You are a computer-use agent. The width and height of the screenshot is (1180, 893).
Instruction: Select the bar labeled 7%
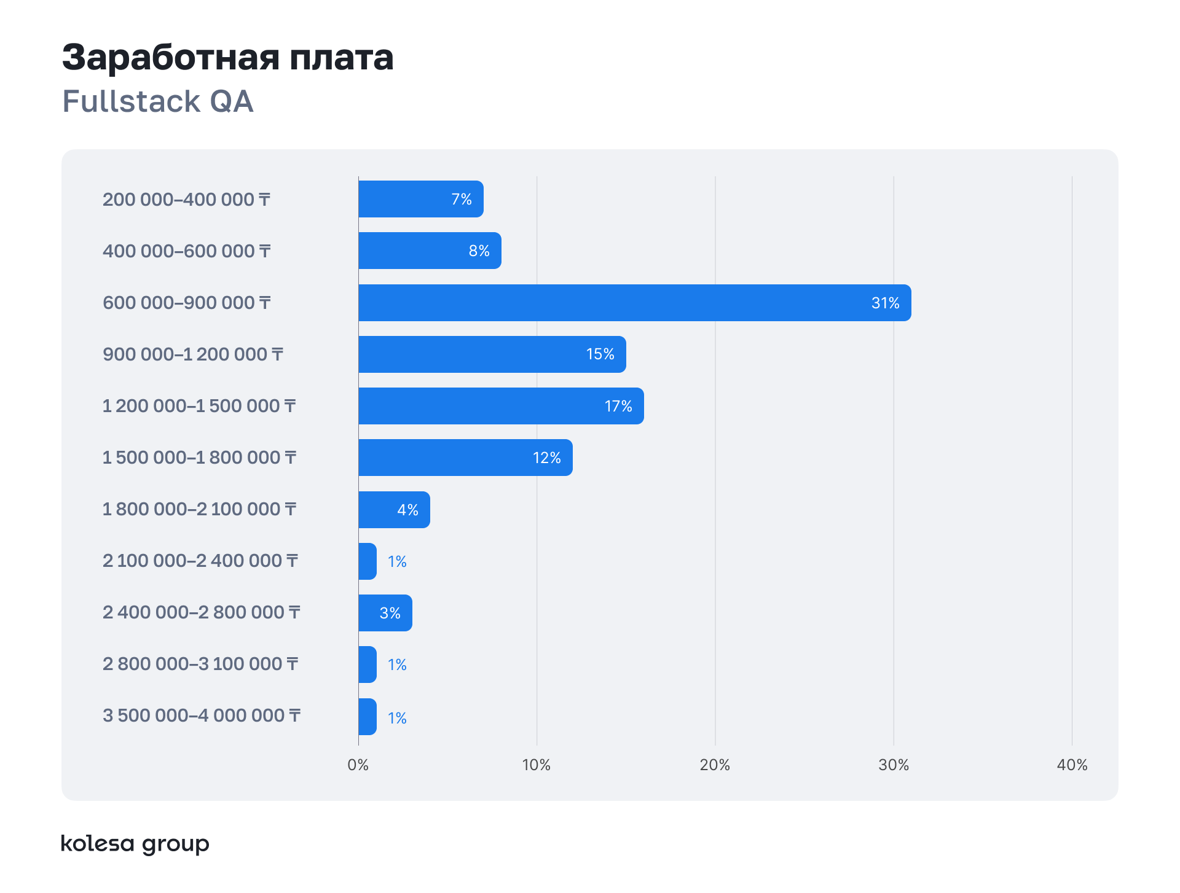[x=420, y=199]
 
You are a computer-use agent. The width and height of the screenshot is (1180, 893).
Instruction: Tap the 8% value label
[x=479, y=251]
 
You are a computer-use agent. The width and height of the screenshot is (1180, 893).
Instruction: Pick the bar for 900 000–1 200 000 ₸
[x=492, y=354]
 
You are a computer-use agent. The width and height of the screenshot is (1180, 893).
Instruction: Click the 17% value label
[x=618, y=406]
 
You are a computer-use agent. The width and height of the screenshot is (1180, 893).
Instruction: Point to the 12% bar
[x=465, y=458]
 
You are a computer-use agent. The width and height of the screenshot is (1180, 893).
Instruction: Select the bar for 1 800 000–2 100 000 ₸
[x=394, y=510]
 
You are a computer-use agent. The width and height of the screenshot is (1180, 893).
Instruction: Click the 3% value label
[x=390, y=613]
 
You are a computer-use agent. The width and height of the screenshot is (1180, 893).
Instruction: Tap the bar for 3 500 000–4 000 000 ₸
[x=368, y=717]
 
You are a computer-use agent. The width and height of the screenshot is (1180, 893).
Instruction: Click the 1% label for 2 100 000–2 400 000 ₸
[x=397, y=561]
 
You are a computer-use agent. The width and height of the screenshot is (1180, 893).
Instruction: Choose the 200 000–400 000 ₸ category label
[x=186, y=200]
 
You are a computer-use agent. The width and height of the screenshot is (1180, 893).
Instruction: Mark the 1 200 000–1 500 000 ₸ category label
[x=199, y=406]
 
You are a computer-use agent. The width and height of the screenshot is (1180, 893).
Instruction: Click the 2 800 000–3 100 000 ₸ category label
[x=200, y=664]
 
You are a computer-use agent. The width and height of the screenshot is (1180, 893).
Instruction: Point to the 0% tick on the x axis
[x=358, y=765]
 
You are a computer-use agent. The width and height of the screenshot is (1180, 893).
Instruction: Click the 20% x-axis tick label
[x=715, y=765]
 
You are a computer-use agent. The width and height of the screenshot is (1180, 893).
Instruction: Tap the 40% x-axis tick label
[x=1072, y=765]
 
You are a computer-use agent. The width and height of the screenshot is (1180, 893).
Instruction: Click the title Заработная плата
[x=227, y=57]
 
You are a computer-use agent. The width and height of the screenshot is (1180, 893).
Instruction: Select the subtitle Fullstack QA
[x=158, y=101]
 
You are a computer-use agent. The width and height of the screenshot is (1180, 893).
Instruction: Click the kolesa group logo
[x=135, y=844]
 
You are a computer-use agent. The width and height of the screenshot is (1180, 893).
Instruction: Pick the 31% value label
[x=885, y=303]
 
